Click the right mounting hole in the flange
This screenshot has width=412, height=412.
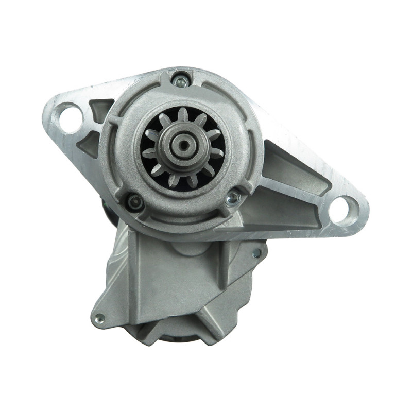341,210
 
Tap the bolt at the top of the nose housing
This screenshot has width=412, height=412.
180,80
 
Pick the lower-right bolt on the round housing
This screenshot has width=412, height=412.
232,197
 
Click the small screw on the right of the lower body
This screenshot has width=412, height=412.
256,253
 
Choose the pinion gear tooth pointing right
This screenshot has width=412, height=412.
216,152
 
